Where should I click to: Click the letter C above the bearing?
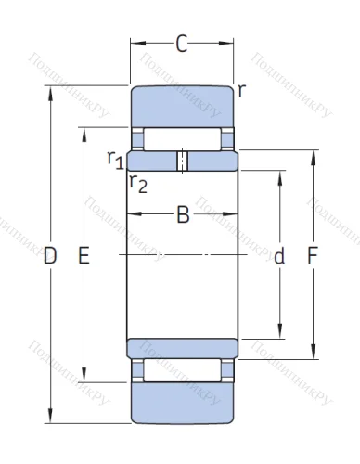tap(183, 42)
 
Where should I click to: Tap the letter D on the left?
tap(50, 257)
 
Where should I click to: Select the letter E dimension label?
tap(84, 257)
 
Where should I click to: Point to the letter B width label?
tap(183, 216)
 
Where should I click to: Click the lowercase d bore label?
tap(278, 257)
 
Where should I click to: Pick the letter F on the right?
tap(313, 257)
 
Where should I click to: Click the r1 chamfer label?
tap(116, 161)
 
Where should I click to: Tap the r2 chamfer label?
tap(138, 182)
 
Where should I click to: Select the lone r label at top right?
tap(241, 90)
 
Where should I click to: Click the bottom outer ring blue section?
tap(183, 404)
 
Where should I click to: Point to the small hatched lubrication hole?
tap(183, 161)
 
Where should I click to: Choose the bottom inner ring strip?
tap(183, 346)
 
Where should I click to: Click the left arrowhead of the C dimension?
tap(133, 42)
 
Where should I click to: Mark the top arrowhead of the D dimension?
tap(50, 89)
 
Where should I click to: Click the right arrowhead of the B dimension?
tap(233, 216)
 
